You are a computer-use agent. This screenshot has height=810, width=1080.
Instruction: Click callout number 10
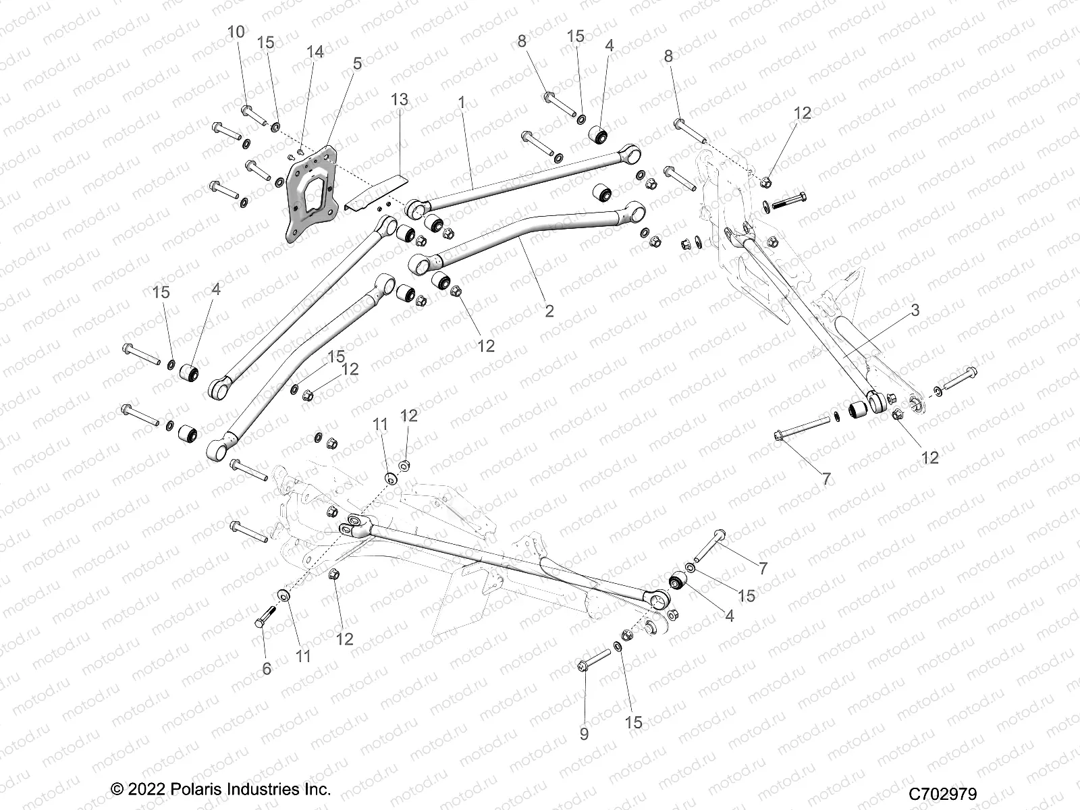236,32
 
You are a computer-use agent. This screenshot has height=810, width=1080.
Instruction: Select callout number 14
315,53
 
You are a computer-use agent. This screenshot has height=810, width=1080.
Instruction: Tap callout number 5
357,63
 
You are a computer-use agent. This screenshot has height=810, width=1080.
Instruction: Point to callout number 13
400,99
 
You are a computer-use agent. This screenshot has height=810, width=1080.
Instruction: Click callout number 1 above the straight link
462,103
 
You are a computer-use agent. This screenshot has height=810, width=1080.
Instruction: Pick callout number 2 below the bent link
549,310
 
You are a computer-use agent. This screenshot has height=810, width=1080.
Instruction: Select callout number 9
585,733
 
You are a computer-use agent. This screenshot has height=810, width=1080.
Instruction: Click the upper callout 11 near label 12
381,425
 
